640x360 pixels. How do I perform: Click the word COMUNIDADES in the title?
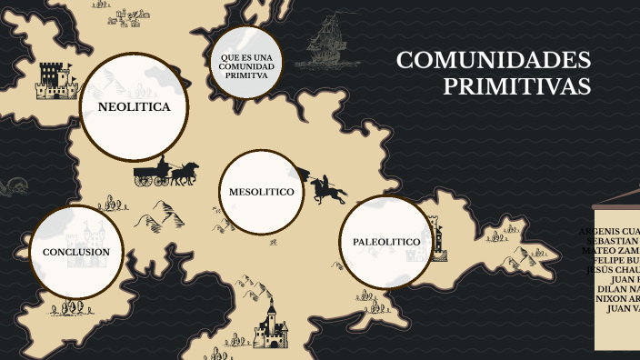pyautogui.click(x=494, y=61)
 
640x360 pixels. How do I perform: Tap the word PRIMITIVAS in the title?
pyautogui.click(x=516, y=86)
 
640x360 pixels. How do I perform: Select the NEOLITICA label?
pyautogui.click(x=134, y=107)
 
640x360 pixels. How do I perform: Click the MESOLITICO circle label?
pyautogui.click(x=261, y=193)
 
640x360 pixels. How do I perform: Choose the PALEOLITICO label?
pyautogui.click(x=385, y=242)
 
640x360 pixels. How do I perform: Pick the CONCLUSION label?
pyautogui.click(x=76, y=252)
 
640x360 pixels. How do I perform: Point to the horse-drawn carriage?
pyautogui.click(x=165, y=173)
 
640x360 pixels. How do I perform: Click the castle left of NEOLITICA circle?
pyautogui.click(x=55, y=80)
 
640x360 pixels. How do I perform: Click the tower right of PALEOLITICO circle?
pyautogui.click(x=440, y=239)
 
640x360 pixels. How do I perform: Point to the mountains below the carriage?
pyautogui.click(x=160, y=215)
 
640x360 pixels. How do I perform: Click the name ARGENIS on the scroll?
pyautogui.click(x=600, y=231)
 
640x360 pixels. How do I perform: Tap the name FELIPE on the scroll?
pyautogui.click(x=611, y=260)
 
